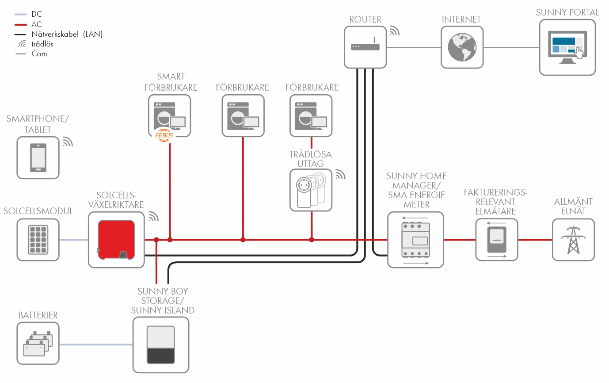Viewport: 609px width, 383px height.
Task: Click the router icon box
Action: [x=365, y=46]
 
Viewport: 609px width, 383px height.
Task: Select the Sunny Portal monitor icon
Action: [x=567, y=47]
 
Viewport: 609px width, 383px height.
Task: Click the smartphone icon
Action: [x=38, y=157]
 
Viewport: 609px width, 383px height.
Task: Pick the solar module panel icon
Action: [x=38, y=240]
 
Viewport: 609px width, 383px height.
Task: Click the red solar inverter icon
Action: [x=116, y=239]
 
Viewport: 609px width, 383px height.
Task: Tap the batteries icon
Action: [x=38, y=343]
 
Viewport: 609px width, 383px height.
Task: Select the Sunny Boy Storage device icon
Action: [x=161, y=345]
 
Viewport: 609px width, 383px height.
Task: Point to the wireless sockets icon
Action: [x=311, y=190]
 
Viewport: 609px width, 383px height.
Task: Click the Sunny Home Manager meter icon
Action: [x=415, y=240]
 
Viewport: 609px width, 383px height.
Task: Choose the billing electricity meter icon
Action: [x=497, y=239]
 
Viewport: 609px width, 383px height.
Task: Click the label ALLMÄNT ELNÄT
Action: [x=573, y=206]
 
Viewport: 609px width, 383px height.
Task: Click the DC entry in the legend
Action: [x=37, y=14]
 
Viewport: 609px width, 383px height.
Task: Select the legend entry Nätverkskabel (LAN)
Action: [x=67, y=34]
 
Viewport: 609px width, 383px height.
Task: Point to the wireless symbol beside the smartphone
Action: [x=67, y=142]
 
